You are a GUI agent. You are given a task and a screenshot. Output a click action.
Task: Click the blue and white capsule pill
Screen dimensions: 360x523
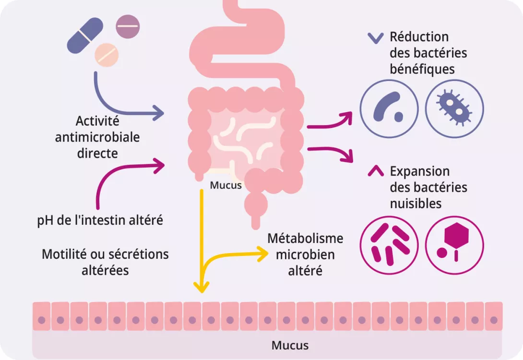point(85,35)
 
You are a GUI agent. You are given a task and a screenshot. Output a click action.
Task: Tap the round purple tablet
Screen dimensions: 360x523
point(128,26)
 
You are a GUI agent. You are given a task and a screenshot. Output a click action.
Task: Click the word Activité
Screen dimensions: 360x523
point(97,121)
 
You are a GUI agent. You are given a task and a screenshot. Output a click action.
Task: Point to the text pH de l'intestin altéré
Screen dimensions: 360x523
point(100,221)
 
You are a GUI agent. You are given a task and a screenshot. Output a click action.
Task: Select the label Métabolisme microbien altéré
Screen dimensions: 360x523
point(305,254)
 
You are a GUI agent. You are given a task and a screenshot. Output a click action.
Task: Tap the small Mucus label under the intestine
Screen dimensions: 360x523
point(226,185)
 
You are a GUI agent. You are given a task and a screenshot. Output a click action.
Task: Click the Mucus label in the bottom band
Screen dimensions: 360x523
point(290,345)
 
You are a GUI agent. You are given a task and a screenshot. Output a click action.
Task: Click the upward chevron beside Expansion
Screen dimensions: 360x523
point(375,171)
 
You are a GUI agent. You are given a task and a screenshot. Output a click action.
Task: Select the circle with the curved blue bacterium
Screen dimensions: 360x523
point(389,106)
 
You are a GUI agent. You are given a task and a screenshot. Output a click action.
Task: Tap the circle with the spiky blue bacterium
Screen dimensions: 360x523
point(454,106)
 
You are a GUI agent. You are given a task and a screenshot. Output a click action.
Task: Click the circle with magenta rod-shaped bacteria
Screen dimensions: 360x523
point(389,245)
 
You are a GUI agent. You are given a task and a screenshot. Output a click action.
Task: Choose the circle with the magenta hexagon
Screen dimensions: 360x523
point(454,245)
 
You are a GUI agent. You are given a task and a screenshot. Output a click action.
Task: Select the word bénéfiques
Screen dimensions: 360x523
point(422,69)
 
